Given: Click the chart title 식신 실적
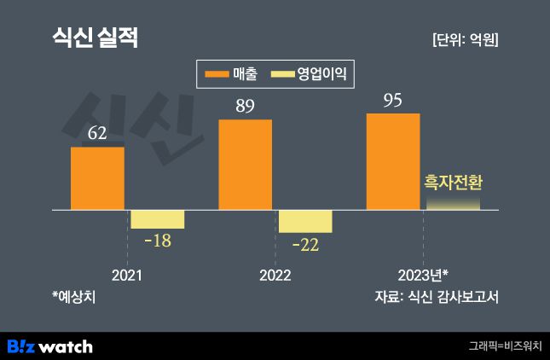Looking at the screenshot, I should [95, 38].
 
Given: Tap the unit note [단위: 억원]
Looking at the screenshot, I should [465, 40].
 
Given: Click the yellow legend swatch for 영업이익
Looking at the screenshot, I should [281, 75].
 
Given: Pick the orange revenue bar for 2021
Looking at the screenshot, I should [97, 178].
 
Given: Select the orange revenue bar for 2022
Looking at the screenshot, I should [245, 165].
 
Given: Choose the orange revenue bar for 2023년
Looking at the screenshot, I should [392, 161].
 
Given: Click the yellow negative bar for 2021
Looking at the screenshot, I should [157, 218].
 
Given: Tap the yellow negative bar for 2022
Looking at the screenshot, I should [305, 221].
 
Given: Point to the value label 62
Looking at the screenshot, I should [97, 134].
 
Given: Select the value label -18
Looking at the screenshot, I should [158, 241].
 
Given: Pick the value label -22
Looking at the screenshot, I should [305, 246].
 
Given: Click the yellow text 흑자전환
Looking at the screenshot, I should [453, 183].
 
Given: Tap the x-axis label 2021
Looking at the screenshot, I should [127, 276].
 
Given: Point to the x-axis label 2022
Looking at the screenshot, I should [275, 276].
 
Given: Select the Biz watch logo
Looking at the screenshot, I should [49, 346].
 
